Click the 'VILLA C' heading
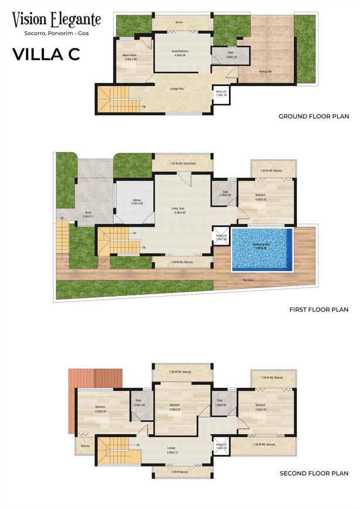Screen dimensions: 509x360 coord(46,54)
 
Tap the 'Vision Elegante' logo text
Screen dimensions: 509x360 coord(57,20)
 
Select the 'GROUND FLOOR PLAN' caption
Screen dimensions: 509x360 coord(314,116)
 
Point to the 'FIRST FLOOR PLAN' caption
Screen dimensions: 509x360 coord(319,309)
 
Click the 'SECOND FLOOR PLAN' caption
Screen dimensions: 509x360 coord(314,473)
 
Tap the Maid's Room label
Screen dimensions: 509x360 coord(129,57)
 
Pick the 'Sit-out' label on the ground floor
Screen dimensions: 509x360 coord(179,22)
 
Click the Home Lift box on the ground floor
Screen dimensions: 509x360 coord(221,94)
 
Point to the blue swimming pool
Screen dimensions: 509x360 coord(262,249)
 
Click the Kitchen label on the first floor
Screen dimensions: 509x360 coord(136,202)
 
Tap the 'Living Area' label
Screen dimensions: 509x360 coord(179,210)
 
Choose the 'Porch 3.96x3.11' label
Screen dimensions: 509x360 coord(88,214)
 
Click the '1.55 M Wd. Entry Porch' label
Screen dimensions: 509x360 coord(183,163)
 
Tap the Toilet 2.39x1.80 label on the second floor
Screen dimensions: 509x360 coord(139,404)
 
